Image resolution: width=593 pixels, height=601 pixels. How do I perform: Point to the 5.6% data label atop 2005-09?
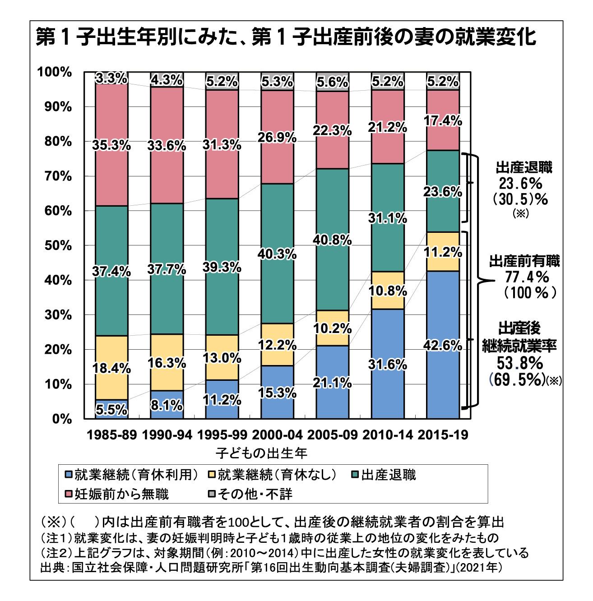tap(332, 82)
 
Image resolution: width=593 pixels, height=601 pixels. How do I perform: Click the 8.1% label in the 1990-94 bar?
tap(167, 406)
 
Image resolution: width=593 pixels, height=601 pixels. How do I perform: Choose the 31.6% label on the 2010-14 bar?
tap(387, 365)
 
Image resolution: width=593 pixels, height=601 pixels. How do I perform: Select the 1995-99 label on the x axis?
tap(222, 435)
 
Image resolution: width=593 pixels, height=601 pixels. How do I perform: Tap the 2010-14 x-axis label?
tap(387, 435)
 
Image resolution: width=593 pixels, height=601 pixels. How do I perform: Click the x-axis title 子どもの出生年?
tap(261, 452)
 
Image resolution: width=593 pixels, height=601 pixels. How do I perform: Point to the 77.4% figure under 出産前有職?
tap(526, 276)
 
